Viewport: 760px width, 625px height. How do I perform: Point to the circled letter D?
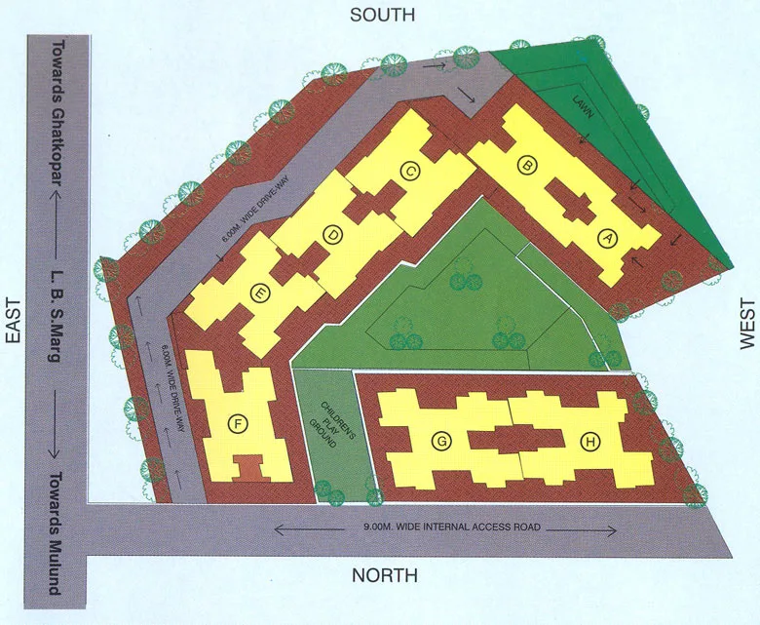[x=333, y=234]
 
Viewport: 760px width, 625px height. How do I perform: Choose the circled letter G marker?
[x=442, y=442]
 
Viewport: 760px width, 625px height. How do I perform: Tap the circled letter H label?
[x=589, y=442]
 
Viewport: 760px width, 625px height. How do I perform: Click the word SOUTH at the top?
[x=383, y=15]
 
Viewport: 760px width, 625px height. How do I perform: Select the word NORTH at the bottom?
[x=385, y=575]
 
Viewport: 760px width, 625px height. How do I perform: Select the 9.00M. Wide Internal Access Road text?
[x=445, y=529]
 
